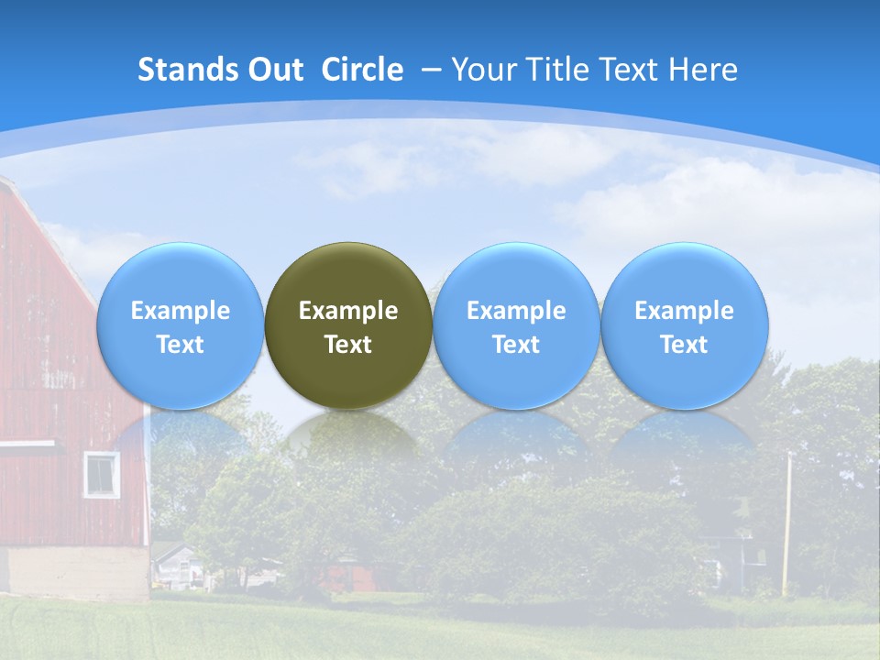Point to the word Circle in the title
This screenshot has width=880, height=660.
click(x=362, y=70)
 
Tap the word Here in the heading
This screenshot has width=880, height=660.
click(x=703, y=70)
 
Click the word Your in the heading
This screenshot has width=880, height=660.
click(x=483, y=70)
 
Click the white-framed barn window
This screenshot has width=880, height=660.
click(x=102, y=474)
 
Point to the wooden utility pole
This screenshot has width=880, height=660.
click(x=786, y=522)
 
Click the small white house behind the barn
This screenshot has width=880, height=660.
click(x=177, y=565)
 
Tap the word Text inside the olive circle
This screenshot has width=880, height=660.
click(x=348, y=345)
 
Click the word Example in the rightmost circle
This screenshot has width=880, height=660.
click(x=684, y=311)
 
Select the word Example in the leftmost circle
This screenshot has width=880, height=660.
click(x=181, y=311)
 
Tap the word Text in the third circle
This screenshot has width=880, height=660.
click(x=516, y=345)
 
